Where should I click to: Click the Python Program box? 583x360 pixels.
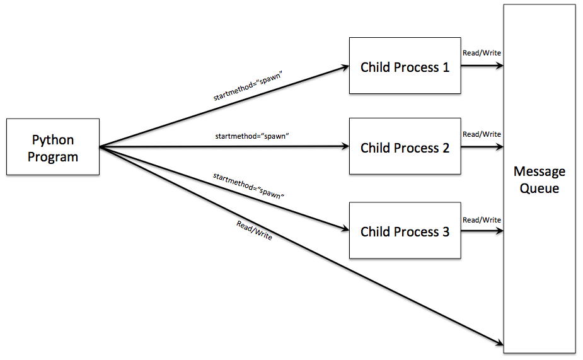click(x=53, y=147)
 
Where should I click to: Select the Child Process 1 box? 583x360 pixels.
click(x=405, y=66)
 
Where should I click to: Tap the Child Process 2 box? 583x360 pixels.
click(x=405, y=147)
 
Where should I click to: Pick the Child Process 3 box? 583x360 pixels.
click(x=405, y=231)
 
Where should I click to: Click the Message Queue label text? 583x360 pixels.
click(x=539, y=180)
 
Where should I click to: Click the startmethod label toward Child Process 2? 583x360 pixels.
click(x=251, y=136)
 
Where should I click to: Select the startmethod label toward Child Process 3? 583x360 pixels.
click(x=249, y=186)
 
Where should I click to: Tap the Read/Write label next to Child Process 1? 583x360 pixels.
click(x=482, y=53)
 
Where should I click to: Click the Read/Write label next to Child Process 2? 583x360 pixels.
click(x=482, y=134)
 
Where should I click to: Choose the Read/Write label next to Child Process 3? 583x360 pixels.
click(x=482, y=220)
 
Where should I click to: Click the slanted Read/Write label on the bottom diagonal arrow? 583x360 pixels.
click(x=254, y=230)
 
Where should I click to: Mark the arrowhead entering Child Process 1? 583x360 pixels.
click(x=345, y=66)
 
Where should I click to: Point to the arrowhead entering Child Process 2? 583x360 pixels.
click(x=345, y=147)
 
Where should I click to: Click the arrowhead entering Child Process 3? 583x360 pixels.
click(x=345, y=229)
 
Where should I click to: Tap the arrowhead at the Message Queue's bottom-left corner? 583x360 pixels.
click(x=499, y=344)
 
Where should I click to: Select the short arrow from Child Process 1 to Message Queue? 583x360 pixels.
click(x=482, y=66)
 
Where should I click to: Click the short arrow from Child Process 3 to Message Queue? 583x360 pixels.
click(x=482, y=231)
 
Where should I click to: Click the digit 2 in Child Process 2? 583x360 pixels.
click(x=445, y=148)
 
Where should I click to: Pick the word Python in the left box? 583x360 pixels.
click(x=53, y=140)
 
